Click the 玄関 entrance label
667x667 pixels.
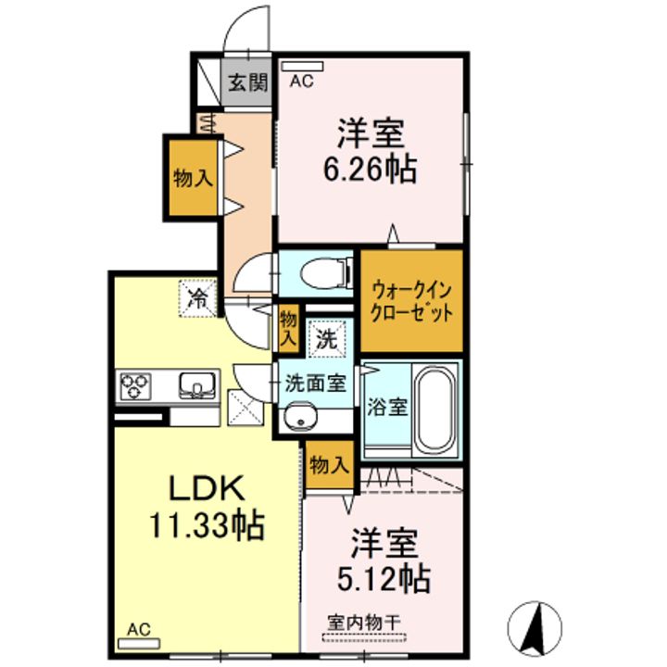point(248,82)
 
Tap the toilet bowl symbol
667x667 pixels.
point(325,272)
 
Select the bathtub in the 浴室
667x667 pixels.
point(434,409)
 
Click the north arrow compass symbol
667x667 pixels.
point(535,628)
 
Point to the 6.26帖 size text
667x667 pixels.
point(370,170)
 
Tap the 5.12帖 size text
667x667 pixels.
point(384,578)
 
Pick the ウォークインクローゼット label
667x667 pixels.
point(411,303)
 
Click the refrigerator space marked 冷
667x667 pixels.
point(198,298)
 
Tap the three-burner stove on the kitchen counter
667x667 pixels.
point(135,385)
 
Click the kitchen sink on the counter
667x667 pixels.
point(197,385)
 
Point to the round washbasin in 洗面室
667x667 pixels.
point(300,418)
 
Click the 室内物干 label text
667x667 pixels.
point(364,623)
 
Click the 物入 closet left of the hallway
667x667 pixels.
point(193,177)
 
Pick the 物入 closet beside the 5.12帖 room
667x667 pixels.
point(330,464)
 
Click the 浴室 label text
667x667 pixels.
point(387,407)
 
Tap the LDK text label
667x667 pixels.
point(208,487)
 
